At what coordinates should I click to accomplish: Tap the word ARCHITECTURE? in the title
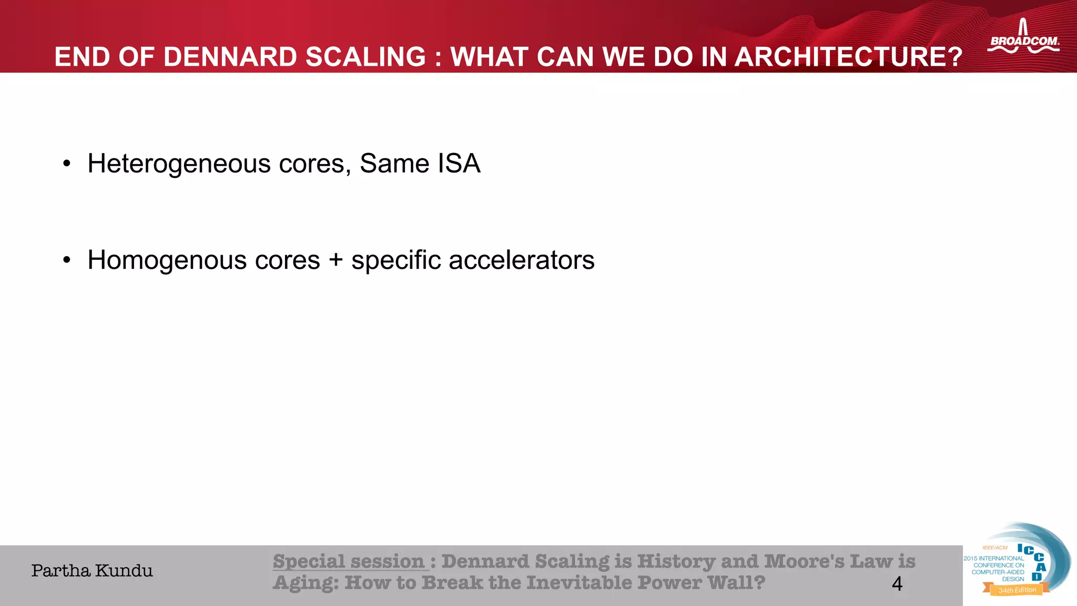point(848,57)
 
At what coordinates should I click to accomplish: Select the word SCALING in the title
point(365,57)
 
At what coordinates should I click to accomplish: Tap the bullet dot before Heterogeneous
point(66,164)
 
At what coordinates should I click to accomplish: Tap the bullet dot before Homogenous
point(66,260)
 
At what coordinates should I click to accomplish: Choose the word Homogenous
point(167,260)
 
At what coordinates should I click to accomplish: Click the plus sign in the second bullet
point(336,260)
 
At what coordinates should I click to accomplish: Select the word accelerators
point(521,260)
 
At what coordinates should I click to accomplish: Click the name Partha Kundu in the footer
point(92,571)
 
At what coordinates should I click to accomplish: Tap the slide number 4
point(897,584)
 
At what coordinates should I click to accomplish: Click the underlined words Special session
point(349,561)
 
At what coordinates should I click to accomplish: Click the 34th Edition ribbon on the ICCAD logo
point(1017,590)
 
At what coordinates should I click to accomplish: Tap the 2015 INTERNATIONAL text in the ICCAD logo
point(993,558)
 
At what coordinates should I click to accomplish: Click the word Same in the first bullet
point(394,164)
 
